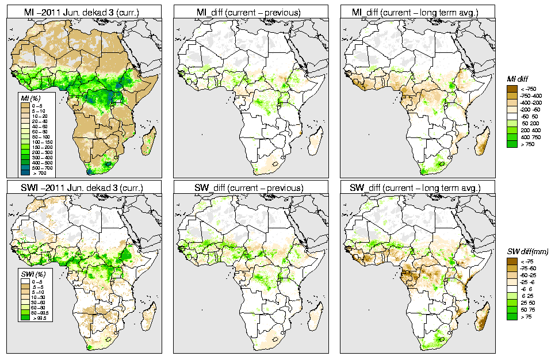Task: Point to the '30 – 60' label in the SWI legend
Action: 40,301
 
